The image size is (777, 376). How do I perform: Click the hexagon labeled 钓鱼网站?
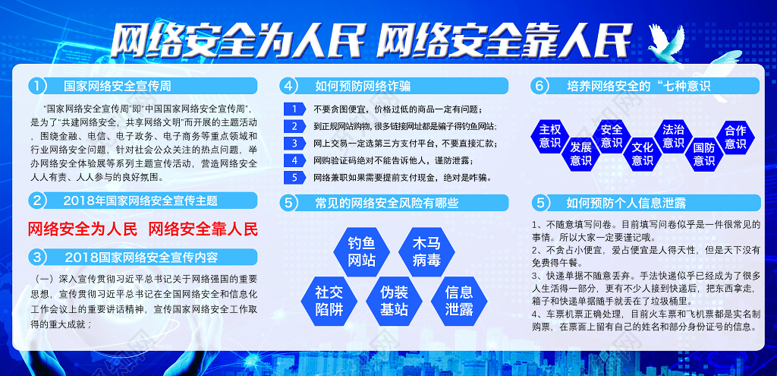coord(361,252)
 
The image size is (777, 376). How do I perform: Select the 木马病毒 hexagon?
coord(426,252)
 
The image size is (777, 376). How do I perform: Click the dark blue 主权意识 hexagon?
coord(549,137)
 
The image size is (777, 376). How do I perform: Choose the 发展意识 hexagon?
coord(580,153)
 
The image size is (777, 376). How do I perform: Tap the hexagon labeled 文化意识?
coord(643,153)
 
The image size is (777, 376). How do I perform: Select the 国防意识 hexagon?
coord(704,154)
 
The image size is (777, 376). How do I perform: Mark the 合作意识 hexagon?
coord(735,137)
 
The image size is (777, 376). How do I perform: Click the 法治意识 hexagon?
coord(674,137)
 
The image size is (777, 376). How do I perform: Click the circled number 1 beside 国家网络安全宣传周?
coord(37,86)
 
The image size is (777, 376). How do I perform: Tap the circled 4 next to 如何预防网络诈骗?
coord(288,86)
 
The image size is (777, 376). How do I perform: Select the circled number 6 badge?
coord(539,86)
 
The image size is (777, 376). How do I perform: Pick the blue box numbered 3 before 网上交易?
coord(295,144)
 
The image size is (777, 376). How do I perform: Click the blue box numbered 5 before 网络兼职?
coord(295,177)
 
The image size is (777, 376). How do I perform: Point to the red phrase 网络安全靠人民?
coord(203,229)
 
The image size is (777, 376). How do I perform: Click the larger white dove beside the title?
coord(667,43)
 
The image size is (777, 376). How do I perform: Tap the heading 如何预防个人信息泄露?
coord(626,202)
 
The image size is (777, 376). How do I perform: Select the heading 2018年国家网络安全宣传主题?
coord(140,201)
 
